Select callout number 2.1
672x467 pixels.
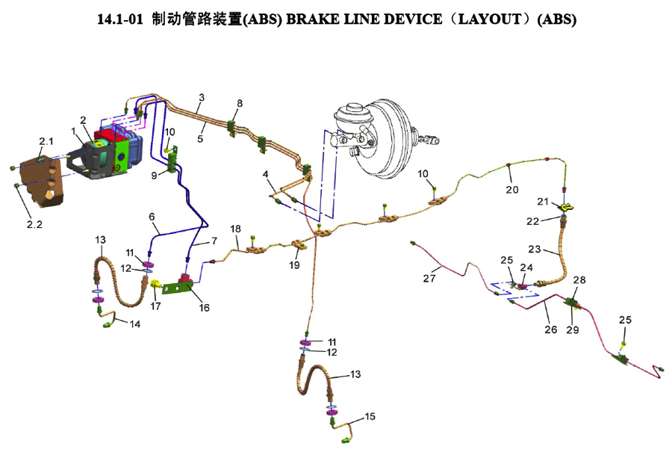(46, 141)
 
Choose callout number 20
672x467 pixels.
(511, 189)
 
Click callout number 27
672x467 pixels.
(429, 279)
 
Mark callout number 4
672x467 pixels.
(265, 175)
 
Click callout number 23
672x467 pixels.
(555, 249)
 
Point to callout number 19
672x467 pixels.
(295, 265)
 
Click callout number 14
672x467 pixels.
(134, 324)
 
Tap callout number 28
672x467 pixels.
(579, 279)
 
